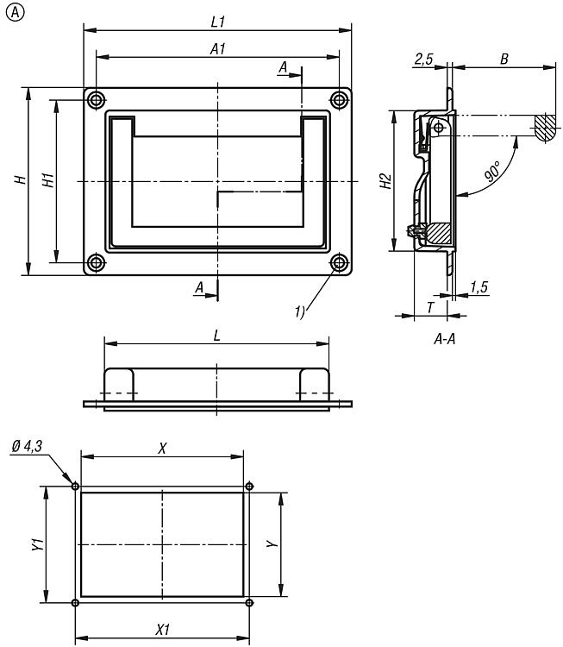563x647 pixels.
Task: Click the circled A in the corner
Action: coord(16,13)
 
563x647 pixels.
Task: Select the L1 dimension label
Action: coord(218,22)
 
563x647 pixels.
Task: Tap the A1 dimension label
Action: coord(218,49)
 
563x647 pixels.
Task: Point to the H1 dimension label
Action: coord(48,180)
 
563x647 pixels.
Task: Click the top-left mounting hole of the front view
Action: coord(96,100)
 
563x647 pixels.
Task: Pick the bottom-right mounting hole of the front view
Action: coord(339,262)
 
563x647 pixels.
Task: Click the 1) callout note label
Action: coord(299,311)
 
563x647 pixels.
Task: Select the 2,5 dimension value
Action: coord(423,59)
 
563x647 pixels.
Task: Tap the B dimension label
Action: coord(504,59)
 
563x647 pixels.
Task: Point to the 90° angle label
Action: coord(493,171)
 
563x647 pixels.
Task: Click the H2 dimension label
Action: coord(385,181)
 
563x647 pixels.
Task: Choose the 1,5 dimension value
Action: coord(479,286)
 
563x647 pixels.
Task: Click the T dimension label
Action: coord(430,307)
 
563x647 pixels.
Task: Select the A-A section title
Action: coord(445,339)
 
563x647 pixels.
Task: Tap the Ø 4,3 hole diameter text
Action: coord(28,446)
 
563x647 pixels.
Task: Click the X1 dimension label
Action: coord(162,630)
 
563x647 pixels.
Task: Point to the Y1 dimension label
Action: coord(38,543)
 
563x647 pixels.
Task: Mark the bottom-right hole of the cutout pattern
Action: coord(249,603)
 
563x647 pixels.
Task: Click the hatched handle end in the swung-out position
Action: coord(546,128)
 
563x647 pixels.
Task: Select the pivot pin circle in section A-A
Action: coord(439,128)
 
